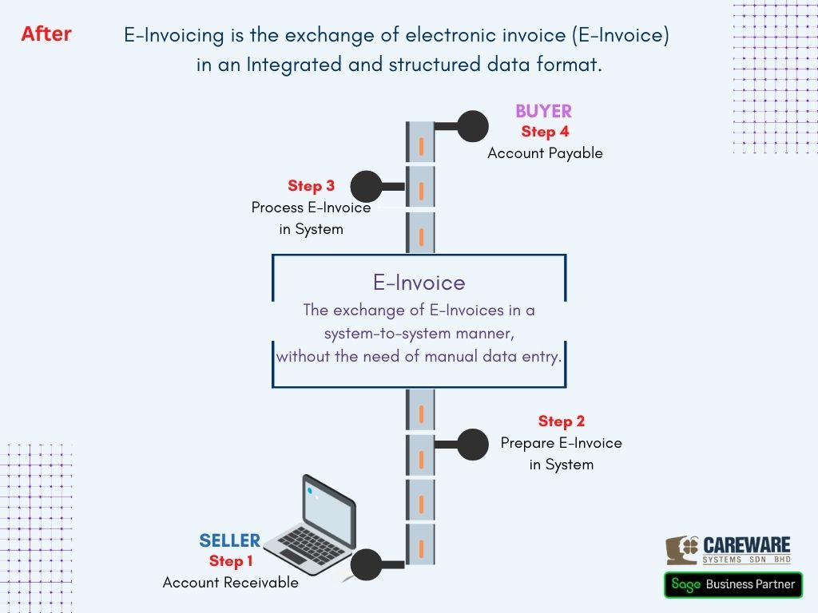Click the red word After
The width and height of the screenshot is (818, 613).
pos(46,34)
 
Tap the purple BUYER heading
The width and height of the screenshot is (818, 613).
pos(543,112)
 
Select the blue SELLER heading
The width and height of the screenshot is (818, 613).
pos(230,541)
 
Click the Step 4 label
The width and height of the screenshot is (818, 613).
pos(545,132)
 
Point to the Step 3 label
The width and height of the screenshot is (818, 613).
pos(311,186)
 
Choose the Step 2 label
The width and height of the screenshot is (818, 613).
pos(561,421)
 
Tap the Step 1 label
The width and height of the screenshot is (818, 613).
pos(231,561)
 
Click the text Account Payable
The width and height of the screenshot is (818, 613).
pos(545,153)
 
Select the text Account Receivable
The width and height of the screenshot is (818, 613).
pos(230,583)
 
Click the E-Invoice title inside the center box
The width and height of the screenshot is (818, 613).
pos(419,283)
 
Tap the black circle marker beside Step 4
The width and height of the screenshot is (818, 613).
pos(472,126)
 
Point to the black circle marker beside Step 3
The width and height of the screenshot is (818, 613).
pos(367,187)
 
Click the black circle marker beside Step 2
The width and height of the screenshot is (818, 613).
pos(472,445)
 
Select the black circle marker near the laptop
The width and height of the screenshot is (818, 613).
pos(367,564)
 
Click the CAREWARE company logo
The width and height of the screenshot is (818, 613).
pos(729,550)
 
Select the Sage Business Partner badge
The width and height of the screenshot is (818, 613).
pos(733,584)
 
